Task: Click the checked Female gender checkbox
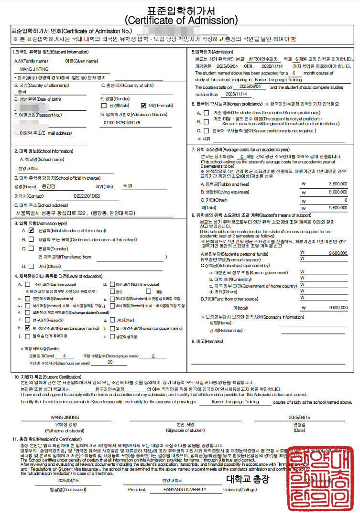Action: tap(143, 106)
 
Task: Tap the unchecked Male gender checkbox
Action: tap(104, 106)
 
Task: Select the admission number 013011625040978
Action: tap(122, 123)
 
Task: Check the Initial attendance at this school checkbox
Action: tap(31, 230)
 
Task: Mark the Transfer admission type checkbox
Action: tap(31, 248)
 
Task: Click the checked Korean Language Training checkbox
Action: tap(27, 328)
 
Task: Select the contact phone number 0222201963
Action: tap(87, 196)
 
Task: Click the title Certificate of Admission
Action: tap(181, 21)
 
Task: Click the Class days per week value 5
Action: tap(153, 356)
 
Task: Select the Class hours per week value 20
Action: tap(110, 362)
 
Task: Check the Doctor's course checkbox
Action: tap(112, 305)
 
